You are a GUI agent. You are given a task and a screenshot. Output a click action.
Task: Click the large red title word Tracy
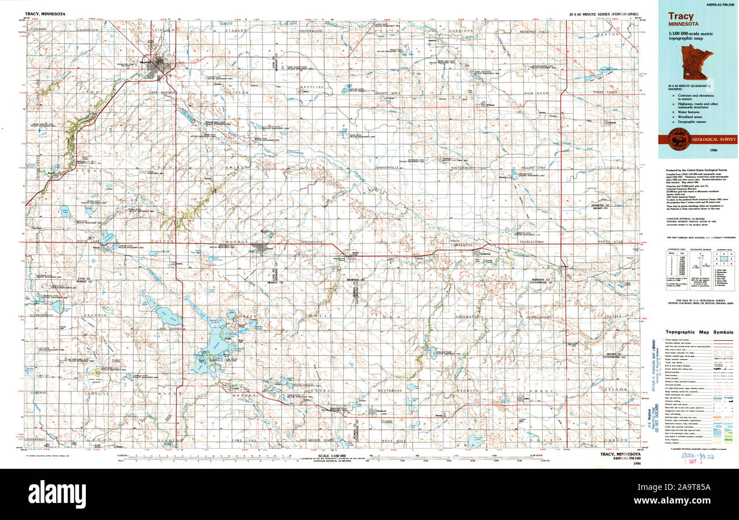[x=680, y=16]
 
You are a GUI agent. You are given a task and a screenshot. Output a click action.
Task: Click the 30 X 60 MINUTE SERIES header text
[x=603, y=13]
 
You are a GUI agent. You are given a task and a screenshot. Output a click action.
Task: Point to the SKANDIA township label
[x=96, y=315]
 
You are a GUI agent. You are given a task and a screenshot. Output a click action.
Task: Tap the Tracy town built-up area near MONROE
[x=261, y=248]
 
